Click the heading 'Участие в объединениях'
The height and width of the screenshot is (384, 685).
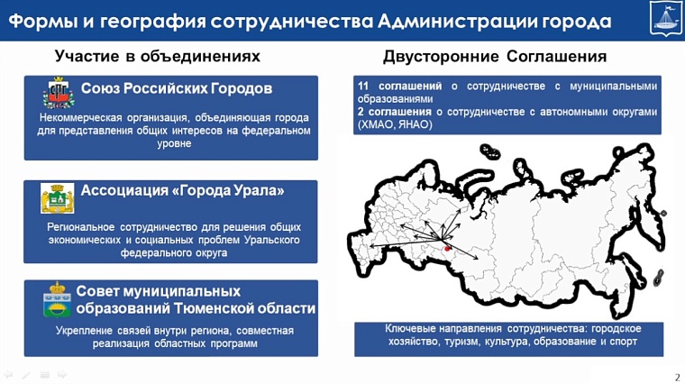click(158, 57)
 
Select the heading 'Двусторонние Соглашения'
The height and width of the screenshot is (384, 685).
click(495, 57)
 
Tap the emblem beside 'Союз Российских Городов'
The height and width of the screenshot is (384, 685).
click(59, 93)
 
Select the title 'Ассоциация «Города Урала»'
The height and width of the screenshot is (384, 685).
click(182, 191)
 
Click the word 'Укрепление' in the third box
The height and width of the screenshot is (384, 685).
click(86, 331)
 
